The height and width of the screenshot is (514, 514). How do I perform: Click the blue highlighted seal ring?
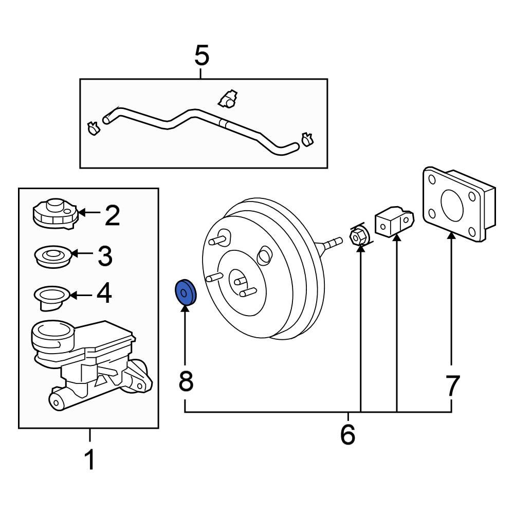point(185,292)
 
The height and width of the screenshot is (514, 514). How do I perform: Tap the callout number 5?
point(202,56)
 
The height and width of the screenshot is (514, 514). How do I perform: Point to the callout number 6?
point(348,434)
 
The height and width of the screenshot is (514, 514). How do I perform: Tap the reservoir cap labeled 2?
point(55,213)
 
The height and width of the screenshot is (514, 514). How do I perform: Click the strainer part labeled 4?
point(51,297)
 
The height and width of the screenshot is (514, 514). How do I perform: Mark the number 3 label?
point(105,255)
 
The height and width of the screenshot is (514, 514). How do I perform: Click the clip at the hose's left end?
point(94,127)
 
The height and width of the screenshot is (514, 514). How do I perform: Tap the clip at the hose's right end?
point(307,139)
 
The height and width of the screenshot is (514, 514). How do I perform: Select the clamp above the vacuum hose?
point(227,99)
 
